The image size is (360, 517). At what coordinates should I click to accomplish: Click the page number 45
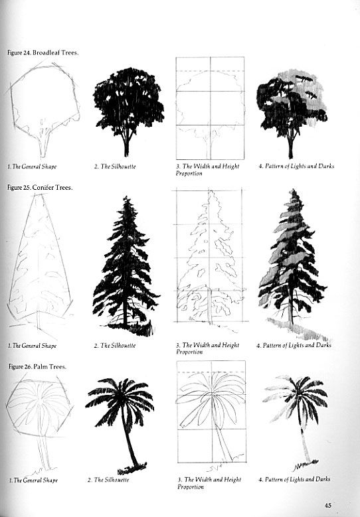(x=327, y=505)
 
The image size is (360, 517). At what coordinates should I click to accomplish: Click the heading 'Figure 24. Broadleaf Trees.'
(x=43, y=52)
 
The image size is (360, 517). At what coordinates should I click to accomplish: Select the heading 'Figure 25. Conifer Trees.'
(x=40, y=187)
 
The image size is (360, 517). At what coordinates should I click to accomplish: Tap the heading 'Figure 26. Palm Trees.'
(x=37, y=366)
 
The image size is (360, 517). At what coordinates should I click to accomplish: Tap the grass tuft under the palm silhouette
(x=132, y=469)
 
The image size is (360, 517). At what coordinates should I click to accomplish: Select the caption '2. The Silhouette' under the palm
(x=108, y=480)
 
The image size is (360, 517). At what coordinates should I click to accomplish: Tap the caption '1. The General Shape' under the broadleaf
(x=32, y=167)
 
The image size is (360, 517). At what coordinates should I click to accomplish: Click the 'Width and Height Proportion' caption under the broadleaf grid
(x=207, y=170)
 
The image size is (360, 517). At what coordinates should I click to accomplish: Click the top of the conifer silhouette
(x=126, y=196)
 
